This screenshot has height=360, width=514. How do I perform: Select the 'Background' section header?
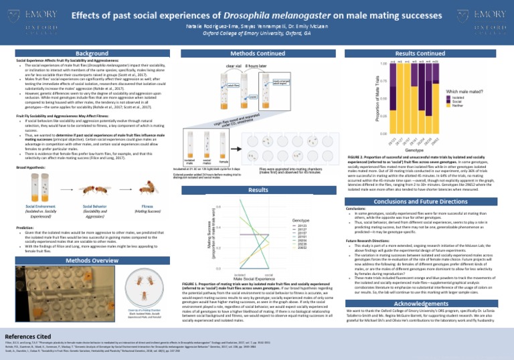coord(88,52)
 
